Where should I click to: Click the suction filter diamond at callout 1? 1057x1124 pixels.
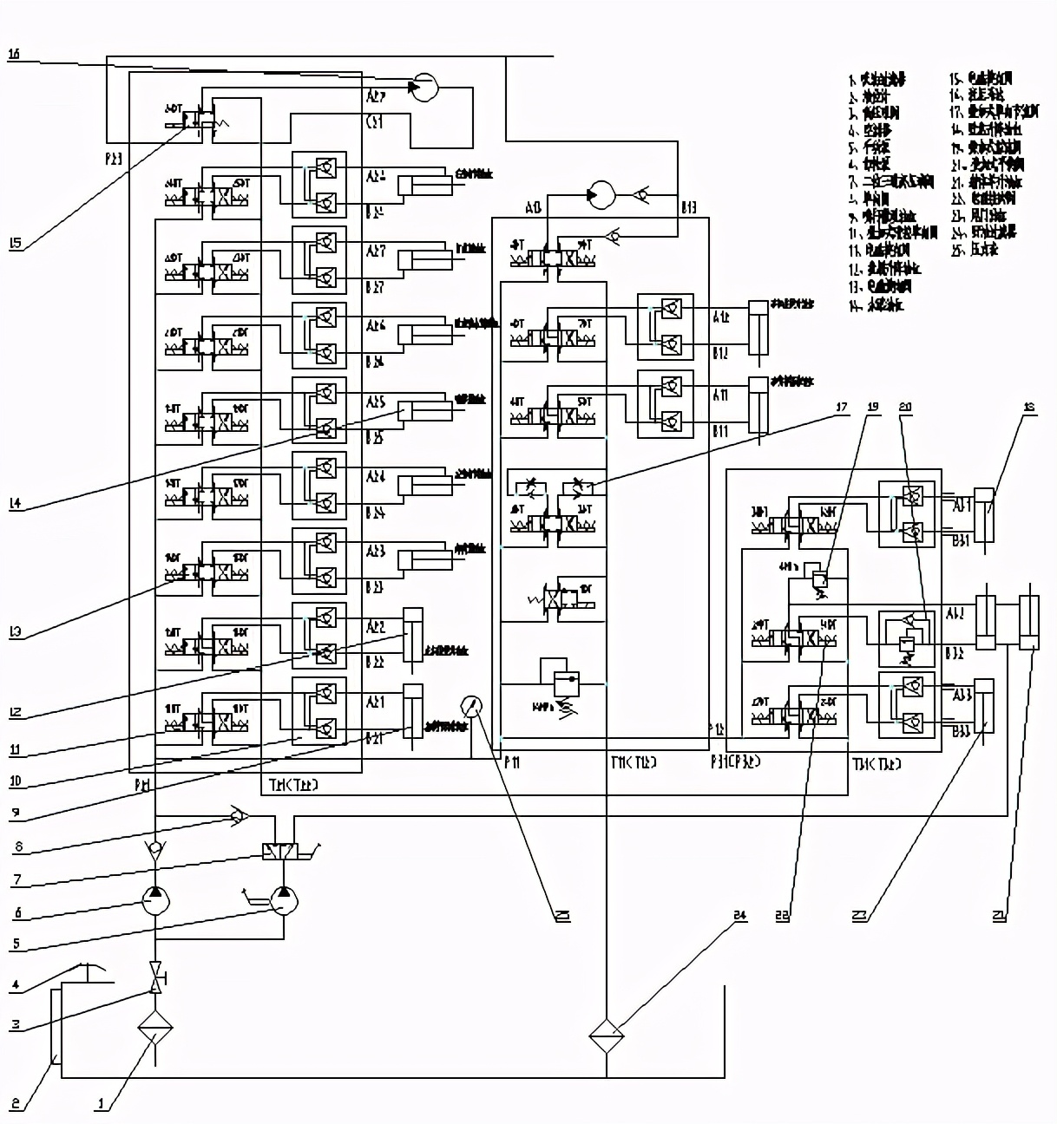coord(155,1028)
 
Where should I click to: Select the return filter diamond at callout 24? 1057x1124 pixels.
coord(607,1035)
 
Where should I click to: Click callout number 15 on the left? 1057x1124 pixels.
coord(15,243)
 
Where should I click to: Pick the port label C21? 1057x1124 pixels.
coord(374,122)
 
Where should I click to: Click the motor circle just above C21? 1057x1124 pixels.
coord(424,87)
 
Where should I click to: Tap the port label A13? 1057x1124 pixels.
coord(534,208)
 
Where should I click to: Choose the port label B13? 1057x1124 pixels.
coord(688,208)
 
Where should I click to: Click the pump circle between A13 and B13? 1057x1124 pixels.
coord(599,195)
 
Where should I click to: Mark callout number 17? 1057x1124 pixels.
coord(841,407)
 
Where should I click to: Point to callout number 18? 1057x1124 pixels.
coord(1030,407)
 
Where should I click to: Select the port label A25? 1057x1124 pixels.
coord(376,402)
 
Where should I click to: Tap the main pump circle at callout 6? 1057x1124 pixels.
coord(154,901)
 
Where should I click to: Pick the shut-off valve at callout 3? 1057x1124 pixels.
coord(155,978)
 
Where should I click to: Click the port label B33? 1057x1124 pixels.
coord(961,732)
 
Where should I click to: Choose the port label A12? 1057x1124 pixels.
coord(721,317)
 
